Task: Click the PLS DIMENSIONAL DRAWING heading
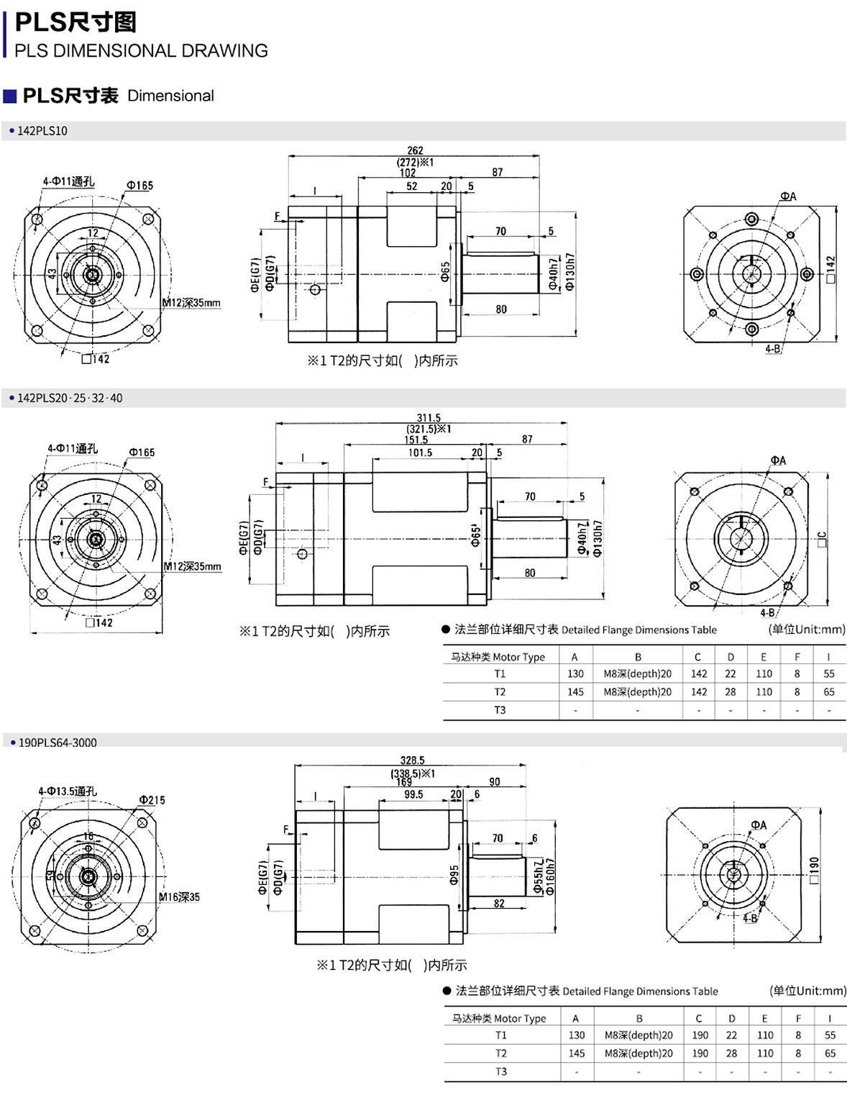(x=141, y=51)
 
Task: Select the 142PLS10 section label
(x=42, y=131)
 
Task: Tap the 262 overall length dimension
(x=415, y=150)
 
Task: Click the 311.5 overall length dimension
(x=429, y=418)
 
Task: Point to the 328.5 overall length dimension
(x=412, y=761)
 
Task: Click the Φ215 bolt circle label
(x=152, y=800)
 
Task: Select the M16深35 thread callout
(x=179, y=897)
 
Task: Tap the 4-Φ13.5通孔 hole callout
(x=68, y=791)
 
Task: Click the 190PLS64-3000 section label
(x=58, y=743)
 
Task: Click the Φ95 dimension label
(x=454, y=875)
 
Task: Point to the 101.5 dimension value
(x=420, y=453)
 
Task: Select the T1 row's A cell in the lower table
(x=577, y=1035)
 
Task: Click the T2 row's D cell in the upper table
(x=731, y=692)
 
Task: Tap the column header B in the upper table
(x=638, y=657)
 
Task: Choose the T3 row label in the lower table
(x=501, y=1071)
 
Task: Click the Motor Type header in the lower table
(x=499, y=1019)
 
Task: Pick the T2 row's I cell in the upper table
(x=829, y=692)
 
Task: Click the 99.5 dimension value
(x=413, y=795)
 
